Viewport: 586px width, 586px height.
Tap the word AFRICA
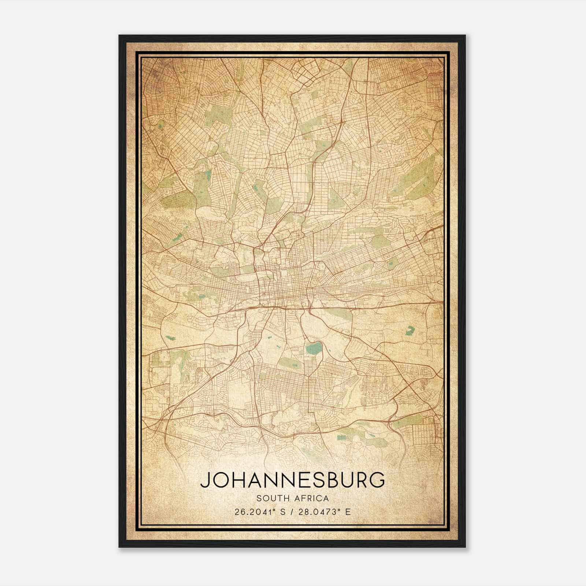tap(311, 498)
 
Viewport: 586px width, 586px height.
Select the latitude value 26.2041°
tap(255, 512)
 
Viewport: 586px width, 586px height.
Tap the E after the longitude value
tap(348, 512)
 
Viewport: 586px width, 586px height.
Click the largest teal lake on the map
tap(314, 348)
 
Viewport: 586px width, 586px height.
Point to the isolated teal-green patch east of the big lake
tap(410, 330)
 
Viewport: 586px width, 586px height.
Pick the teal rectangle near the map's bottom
tap(341, 437)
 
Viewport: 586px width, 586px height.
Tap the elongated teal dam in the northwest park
tap(208, 175)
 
